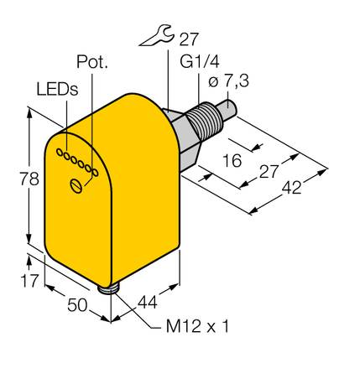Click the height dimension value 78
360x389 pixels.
pyautogui.click(x=13, y=178)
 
